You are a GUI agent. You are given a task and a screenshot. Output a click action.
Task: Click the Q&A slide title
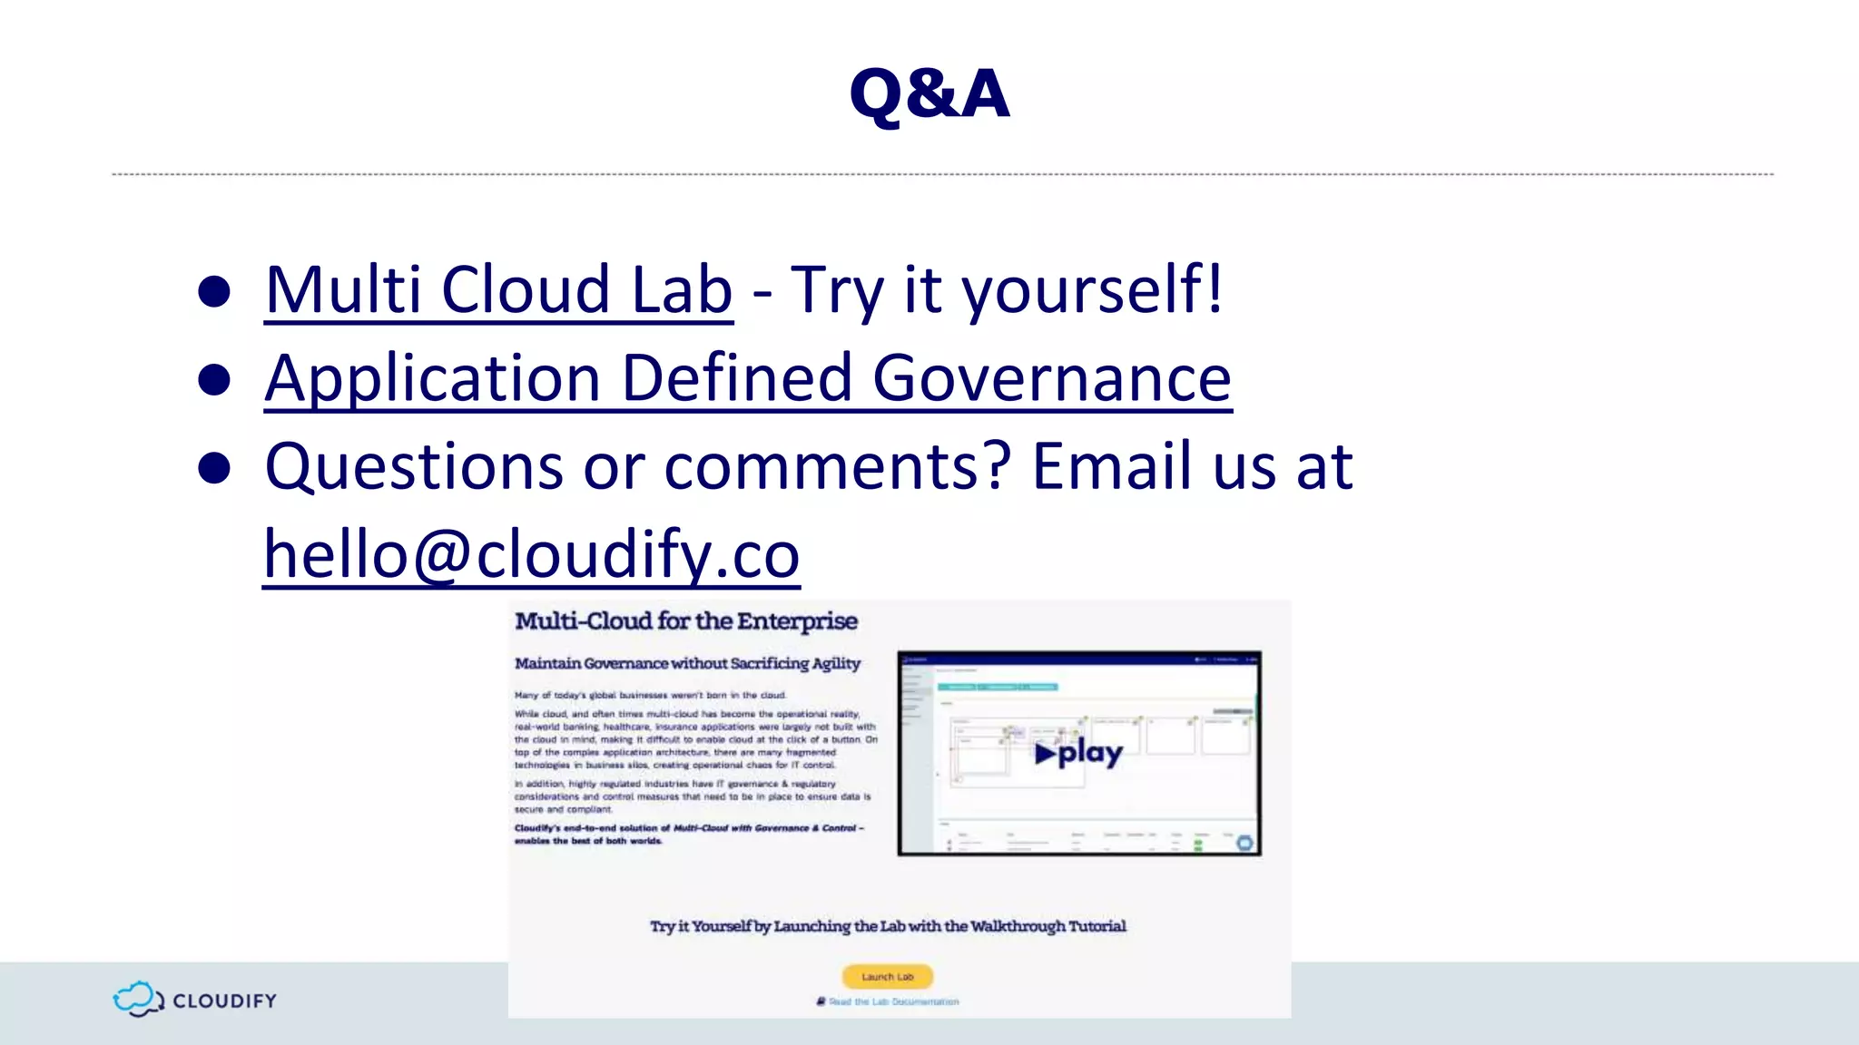pyautogui.click(x=929, y=93)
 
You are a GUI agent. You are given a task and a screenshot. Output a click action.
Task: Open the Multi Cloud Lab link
pyautogui.click(x=498, y=290)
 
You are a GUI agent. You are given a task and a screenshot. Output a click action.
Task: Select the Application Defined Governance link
pyautogui.click(x=748, y=378)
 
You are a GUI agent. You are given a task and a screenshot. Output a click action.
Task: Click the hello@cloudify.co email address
pyautogui.click(x=531, y=554)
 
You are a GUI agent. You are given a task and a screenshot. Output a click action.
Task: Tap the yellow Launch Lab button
pyautogui.click(x=887, y=977)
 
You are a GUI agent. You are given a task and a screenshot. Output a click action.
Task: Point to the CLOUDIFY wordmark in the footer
pyautogui.click(x=224, y=1001)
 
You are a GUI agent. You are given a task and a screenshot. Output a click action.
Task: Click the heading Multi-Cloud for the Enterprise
pyautogui.click(x=686, y=621)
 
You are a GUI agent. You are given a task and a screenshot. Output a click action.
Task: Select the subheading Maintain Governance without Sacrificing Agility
pyautogui.click(x=687, y=664)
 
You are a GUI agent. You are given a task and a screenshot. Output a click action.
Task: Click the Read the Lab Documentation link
pyautogui.click(x=893, y=1002)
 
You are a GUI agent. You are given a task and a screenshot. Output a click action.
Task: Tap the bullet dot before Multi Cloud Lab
pyautogui.click(x=214, y=291)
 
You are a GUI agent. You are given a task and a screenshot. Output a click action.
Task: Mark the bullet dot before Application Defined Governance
pyautogui.click(x=214, y=379)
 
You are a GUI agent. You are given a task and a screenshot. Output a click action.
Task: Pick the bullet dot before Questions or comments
pyautogui.click(x=214, y=468)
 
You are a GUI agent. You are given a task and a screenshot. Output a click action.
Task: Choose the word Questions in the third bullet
pyautogui.click(x=413, y=466)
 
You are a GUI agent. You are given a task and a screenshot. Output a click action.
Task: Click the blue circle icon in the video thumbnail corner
pyautogui.click(x=1244, y=843)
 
